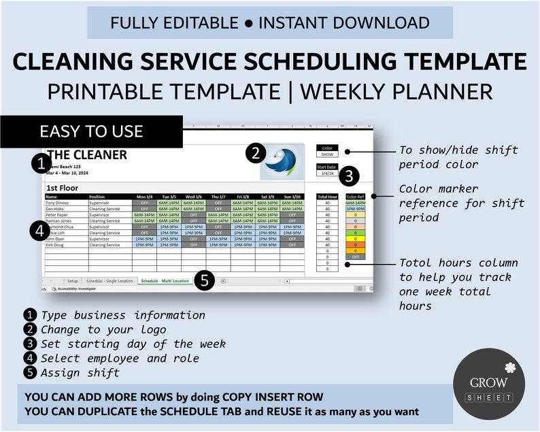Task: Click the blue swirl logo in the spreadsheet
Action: point(282,161)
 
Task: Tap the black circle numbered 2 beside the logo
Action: point(254,153)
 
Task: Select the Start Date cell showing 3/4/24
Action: point(326,173)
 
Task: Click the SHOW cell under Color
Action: point(326,154)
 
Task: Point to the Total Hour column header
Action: point(327,197)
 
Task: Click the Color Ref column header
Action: point(355,197)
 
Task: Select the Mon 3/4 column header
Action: point(144,197)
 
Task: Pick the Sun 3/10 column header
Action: point(292,197)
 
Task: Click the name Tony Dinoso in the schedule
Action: point(58,203)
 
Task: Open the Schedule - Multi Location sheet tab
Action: point(164,280)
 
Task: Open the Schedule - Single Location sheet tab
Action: point(108,280)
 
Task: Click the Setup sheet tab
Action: point(72,280)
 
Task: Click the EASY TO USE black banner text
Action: point(91,131)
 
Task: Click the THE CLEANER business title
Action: point(86,155)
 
